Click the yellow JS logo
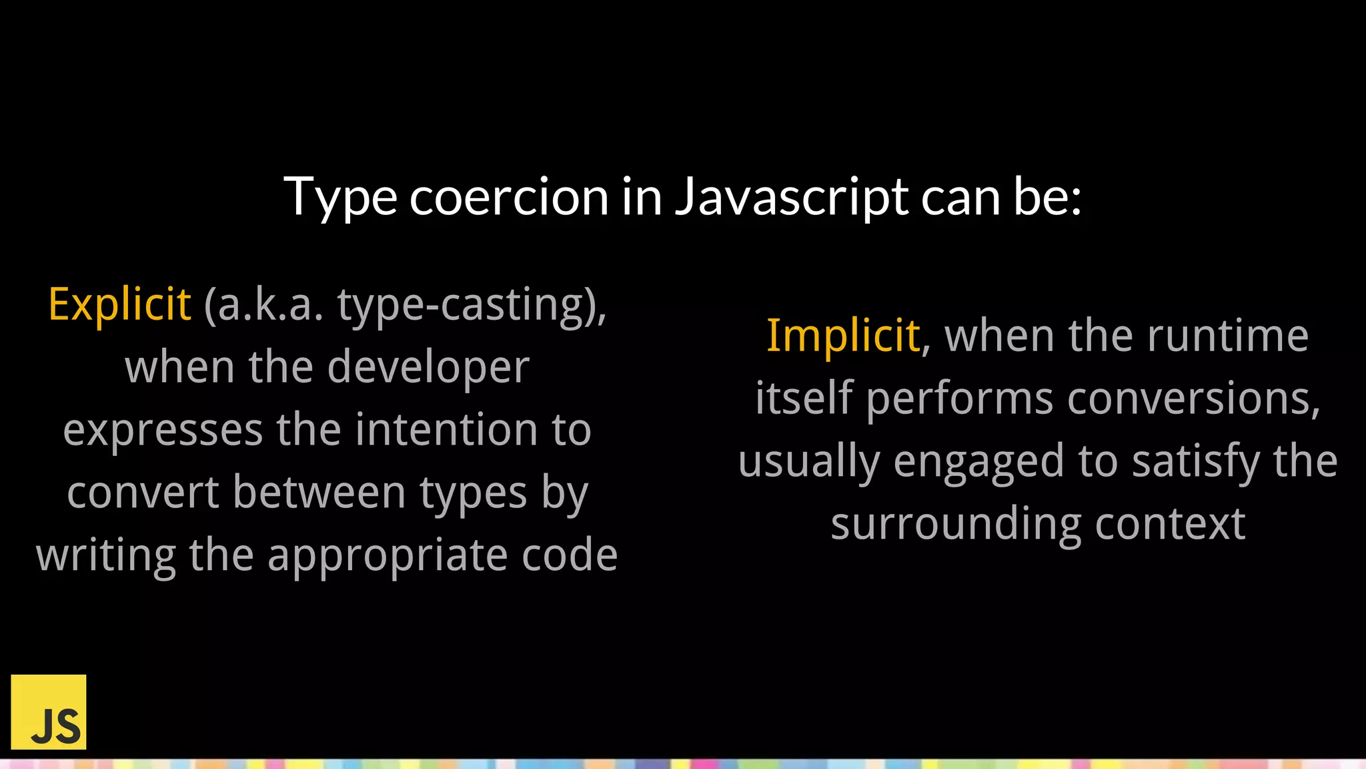tap(49, 712)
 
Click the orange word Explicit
tap(120, 304)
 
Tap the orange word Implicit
tap(843, 336)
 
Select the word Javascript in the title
tap(791, 197)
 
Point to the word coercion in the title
tap(509, 197)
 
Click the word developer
tap(428, 367)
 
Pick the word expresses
tap(163, 430)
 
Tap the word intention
tap(446, 430)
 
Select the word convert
tap(143, 493)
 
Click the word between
tap(319, 493)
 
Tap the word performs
tap(960, 399)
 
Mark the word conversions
tap(1193, 399)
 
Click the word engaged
tap(978, 461)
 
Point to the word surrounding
tap(955, 524)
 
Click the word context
tap(1170, 524)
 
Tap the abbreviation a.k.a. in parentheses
tap(263, 304)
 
